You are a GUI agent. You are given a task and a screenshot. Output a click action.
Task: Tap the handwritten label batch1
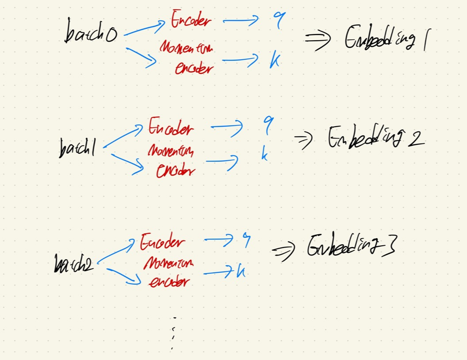pyautogui.click(x=76, y=148)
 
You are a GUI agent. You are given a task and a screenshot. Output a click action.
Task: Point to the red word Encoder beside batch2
pyautogui.click(x=162, y=243)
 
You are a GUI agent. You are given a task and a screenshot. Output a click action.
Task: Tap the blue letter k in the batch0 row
pyautogui.click(x=275, y=61)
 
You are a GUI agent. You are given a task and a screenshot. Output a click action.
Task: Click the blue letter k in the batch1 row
pyautogui.click(x=264, y=155)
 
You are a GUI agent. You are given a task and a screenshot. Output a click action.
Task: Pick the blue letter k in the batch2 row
pyautogui.click(x=240, y=271)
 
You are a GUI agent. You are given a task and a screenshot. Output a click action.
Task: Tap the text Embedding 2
pyautogui.click(x=375, y=138)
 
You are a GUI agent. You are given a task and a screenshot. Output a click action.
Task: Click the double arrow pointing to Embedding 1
pyautogui.click(x=317, y=41)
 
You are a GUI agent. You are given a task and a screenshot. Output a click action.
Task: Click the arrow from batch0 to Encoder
pyautogui.click(x=144, y=28)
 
